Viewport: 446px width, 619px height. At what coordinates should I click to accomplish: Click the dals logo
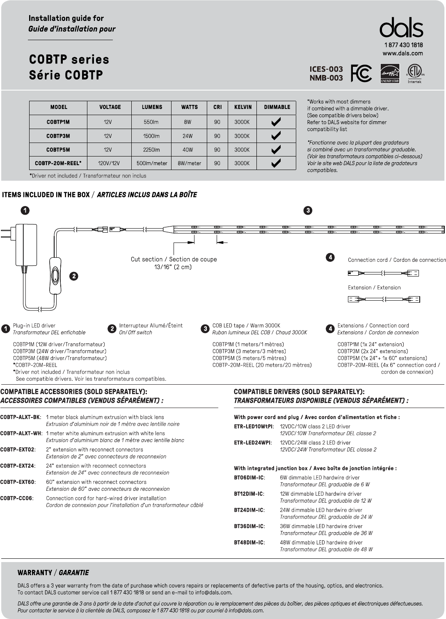[401, 28]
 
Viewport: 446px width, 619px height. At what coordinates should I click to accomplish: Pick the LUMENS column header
[152, 107]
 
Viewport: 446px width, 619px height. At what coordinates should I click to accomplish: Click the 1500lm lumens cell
[151, 136]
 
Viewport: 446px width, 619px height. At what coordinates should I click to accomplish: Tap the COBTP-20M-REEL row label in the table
[58, 163]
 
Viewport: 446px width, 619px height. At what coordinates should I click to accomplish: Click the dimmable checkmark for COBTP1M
[276, 122]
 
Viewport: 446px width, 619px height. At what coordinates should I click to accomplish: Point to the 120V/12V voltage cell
[109, 163]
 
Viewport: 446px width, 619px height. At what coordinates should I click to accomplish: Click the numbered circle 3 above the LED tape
[308, 211]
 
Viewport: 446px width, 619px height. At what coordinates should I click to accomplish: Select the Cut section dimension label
[174, 263]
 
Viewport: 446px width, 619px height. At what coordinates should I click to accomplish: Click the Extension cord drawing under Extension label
[384, 299]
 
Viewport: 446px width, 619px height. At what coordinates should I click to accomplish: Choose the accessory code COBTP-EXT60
[18, 482]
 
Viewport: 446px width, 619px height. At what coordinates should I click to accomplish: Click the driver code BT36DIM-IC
[249, 526]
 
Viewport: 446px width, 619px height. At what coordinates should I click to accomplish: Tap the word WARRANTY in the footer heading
[35, 573]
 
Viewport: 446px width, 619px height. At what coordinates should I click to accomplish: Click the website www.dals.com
[403, 53]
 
